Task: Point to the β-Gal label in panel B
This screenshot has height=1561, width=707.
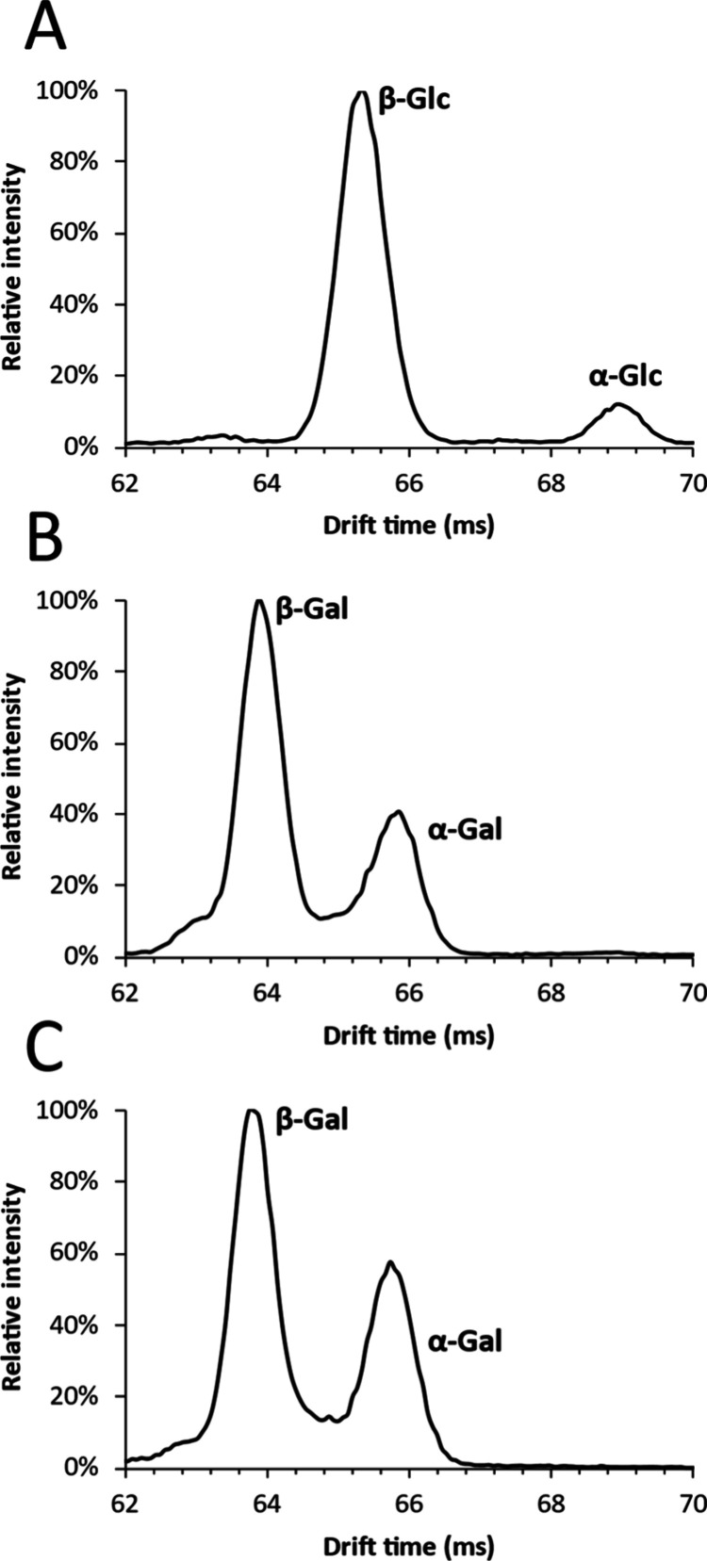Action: (312, 610)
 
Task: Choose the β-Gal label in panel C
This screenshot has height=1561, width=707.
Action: (312, 1120)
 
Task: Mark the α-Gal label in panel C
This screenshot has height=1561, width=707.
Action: (464, 1341)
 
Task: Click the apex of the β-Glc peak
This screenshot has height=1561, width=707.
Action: (361, 92)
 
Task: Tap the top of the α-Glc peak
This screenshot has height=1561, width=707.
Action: (618, 404)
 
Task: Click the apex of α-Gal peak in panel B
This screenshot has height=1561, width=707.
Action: (399, 811)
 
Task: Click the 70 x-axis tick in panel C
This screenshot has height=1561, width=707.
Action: (692, 1495)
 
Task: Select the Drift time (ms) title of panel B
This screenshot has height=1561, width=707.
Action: (408, 1034)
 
